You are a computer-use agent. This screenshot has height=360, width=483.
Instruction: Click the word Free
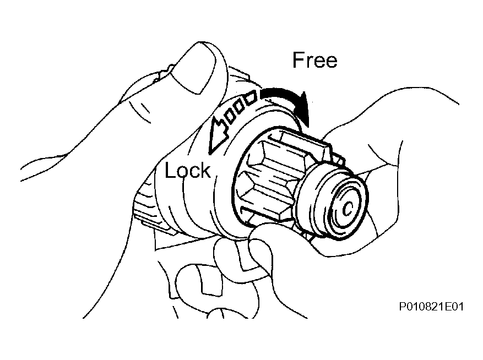click(x=315, y=60)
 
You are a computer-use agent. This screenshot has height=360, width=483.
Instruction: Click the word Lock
click(x=188, y=170)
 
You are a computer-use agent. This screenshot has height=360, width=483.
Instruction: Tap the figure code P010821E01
click(x=431, y=307)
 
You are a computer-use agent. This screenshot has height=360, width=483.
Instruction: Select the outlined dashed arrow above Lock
click(x=230, y=120)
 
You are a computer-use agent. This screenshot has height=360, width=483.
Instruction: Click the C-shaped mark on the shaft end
click(x=348, y=209)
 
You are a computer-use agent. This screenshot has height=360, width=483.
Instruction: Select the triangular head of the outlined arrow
click(x=217, y=137)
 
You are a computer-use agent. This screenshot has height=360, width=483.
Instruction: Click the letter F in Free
click(x=298, y=60)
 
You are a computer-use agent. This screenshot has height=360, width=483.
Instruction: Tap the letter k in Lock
click(x=206, y=170)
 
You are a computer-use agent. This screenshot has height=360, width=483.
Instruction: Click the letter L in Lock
click(x=170, y=170)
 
